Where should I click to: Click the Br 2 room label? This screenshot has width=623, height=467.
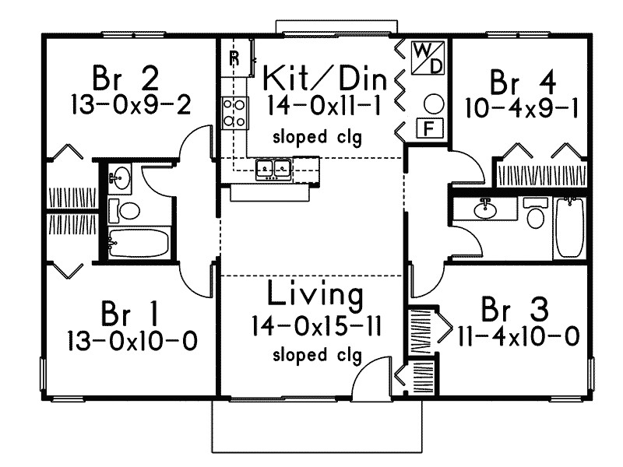coord(125,79)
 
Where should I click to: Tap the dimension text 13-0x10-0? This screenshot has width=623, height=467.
coord(132,341)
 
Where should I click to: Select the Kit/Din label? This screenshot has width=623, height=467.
coord(325,79)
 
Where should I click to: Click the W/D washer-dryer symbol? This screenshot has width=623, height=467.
coord(428,58)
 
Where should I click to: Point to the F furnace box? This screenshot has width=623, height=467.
coord(429,128)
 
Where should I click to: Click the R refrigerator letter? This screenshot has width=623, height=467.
coord(235,58)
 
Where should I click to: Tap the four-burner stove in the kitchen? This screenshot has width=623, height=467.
coord(234,113)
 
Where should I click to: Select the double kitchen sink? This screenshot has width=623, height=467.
coord(273,168)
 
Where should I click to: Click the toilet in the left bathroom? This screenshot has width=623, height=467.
coord(125,210)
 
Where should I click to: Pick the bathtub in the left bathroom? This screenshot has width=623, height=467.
coord(139,242)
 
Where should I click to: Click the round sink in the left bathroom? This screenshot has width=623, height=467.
coord(119,178)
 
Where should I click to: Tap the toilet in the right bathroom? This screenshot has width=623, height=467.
coord(536,213)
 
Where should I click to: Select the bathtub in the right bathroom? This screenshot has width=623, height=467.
coord(570,228)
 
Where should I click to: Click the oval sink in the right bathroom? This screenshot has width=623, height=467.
coord(485,209)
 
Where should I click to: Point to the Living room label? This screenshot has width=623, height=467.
coord(315,295)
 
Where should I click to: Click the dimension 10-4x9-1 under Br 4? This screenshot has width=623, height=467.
coord(522,107)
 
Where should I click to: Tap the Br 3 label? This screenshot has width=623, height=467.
coord(515,309)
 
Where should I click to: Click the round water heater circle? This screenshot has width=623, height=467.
coord(434,104)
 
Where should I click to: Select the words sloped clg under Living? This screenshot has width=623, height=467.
coord(317,355)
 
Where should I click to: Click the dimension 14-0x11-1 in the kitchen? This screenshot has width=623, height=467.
coord(324,107)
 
